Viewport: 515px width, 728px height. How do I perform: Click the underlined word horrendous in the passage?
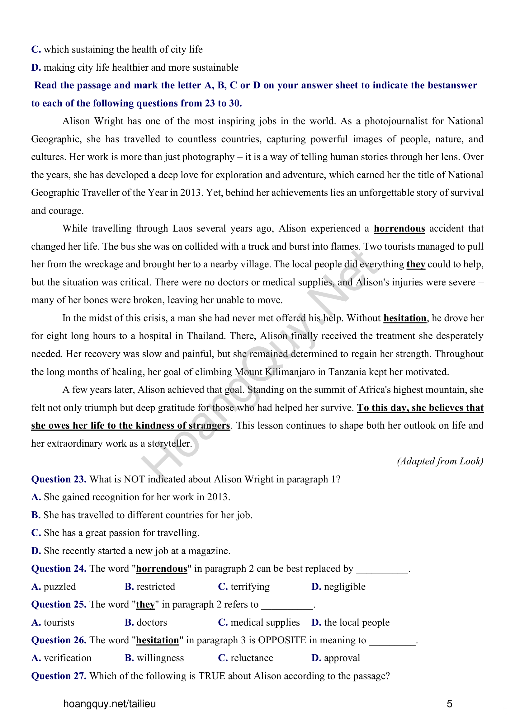[399, 229]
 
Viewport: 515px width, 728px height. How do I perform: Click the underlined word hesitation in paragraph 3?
[405, 318]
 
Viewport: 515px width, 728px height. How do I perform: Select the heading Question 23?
[59, 479]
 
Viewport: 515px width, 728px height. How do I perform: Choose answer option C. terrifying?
[243, 587]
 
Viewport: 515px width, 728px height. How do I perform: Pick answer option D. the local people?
[350, 622]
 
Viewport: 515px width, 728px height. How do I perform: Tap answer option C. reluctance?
[245, 658]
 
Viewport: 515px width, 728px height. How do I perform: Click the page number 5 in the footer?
[449, 704]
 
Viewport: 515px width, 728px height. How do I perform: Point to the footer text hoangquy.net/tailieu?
[109, 704]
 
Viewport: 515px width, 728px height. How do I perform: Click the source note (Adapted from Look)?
[440, 461]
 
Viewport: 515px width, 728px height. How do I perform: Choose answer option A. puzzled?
[54, 587]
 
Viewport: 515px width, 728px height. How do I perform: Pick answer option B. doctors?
[146, 622]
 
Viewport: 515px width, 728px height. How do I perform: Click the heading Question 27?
[59, 676]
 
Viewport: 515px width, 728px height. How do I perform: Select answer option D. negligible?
[338, 587]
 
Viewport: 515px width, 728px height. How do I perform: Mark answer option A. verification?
[61, 658]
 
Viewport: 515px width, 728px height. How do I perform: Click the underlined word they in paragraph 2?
[415, 265]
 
